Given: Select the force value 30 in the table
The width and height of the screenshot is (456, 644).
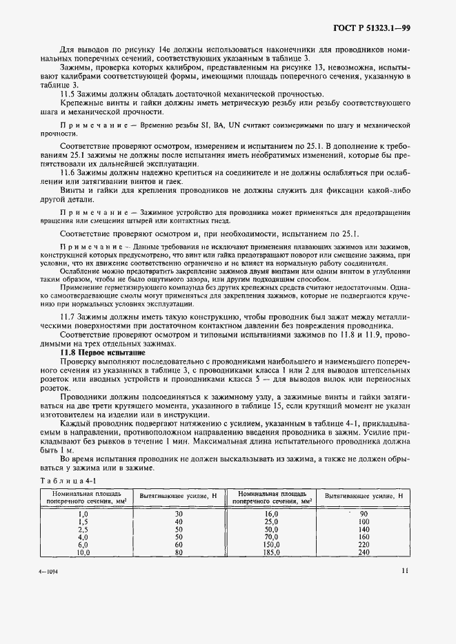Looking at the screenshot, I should [x=179, y=514].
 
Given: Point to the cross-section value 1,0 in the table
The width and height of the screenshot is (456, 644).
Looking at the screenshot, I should [x=83, y=514].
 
